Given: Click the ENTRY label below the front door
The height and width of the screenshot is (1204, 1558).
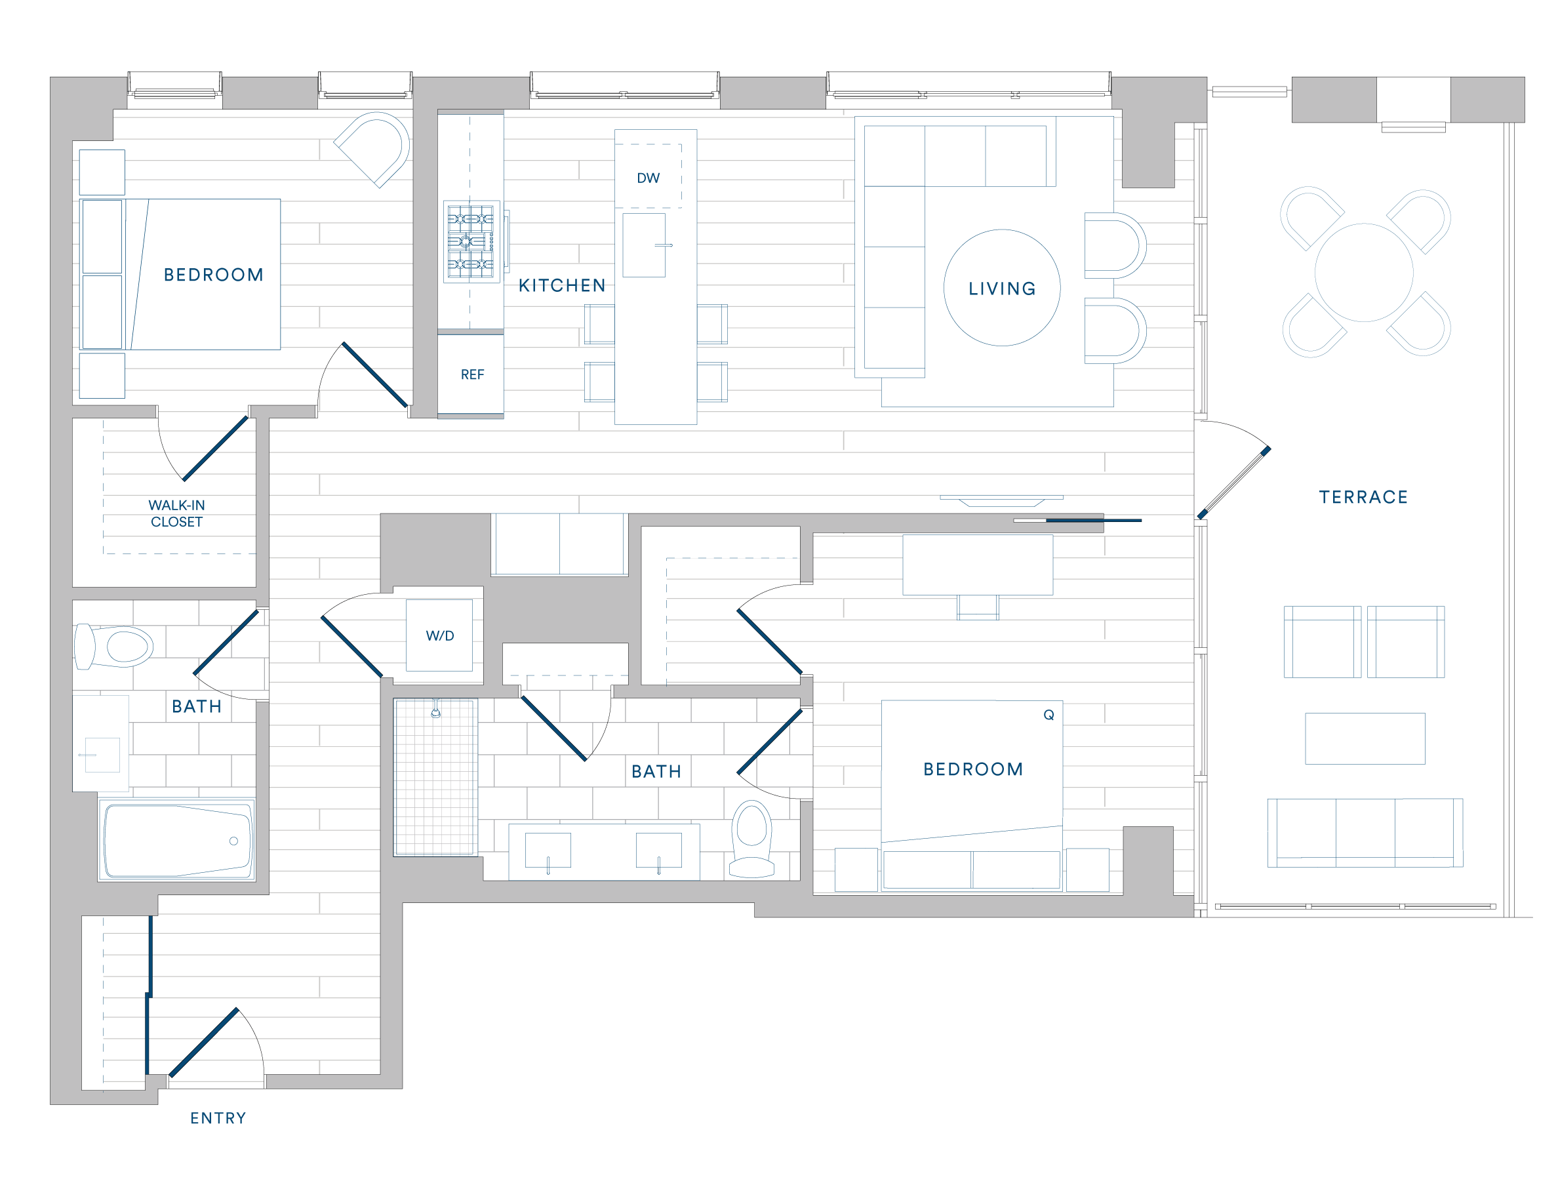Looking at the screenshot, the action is (218, 1117).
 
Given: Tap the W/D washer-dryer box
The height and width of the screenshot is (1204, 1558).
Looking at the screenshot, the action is (439, 635).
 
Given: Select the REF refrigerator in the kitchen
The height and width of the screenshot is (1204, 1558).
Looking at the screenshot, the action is (471, 374).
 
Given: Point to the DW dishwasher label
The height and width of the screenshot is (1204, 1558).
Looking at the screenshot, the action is (648, 178).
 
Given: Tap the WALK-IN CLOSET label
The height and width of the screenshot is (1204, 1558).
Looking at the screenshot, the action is (176, 513).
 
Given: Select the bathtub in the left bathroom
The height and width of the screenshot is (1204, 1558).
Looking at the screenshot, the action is (177, 840).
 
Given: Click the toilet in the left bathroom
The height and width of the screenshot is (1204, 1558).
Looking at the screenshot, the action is (114, 646).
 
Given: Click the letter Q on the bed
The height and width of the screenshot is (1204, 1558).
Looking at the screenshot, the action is (1049, 715).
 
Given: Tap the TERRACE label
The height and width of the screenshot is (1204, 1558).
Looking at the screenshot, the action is (1363, 497).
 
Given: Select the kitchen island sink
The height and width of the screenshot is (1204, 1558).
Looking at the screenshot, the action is (644, 245).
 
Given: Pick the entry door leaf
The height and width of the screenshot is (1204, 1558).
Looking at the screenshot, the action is (203, 1042).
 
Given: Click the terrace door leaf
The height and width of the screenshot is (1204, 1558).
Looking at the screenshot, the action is (1234, 482).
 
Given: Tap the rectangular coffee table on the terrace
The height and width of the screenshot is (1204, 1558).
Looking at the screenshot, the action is (1365, 738).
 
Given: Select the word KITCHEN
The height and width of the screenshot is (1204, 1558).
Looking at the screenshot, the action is (562, 285).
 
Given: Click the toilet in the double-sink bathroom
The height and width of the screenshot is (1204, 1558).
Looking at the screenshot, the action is (751, 839).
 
